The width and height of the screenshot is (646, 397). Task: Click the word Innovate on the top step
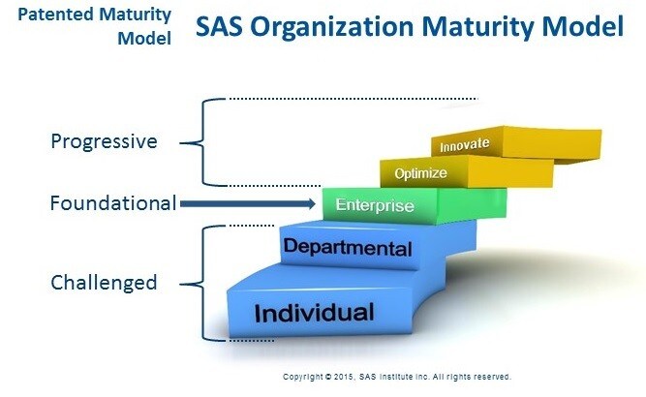tap(465, 145)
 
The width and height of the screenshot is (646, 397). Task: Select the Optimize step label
tap(420, 173)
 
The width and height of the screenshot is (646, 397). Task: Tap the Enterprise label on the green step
tap(375, 205)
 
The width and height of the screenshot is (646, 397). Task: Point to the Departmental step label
tap(348, 247)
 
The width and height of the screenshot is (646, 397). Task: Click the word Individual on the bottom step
tap(315, 313)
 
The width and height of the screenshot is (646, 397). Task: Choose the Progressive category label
tap(105, 141)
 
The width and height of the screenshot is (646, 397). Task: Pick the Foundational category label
tap(113, 203)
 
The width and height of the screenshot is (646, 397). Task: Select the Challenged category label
tap(104, 283)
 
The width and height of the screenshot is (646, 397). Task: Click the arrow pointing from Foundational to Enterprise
tap(248, 204)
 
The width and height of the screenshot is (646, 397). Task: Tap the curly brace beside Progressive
tap(202, 142)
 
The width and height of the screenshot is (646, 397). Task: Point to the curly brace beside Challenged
tap(202, 284)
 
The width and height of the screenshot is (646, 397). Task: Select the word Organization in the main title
tap(332, 27)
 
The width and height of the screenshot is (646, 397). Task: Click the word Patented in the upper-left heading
tap(56, 15)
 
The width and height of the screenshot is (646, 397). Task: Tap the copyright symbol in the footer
tap(328, 377)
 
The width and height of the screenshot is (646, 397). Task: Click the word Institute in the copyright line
tap(396, 377)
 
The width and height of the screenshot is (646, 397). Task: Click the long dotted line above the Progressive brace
tap(354, 99)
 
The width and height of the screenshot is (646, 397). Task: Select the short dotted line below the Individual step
tap(251, 341)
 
